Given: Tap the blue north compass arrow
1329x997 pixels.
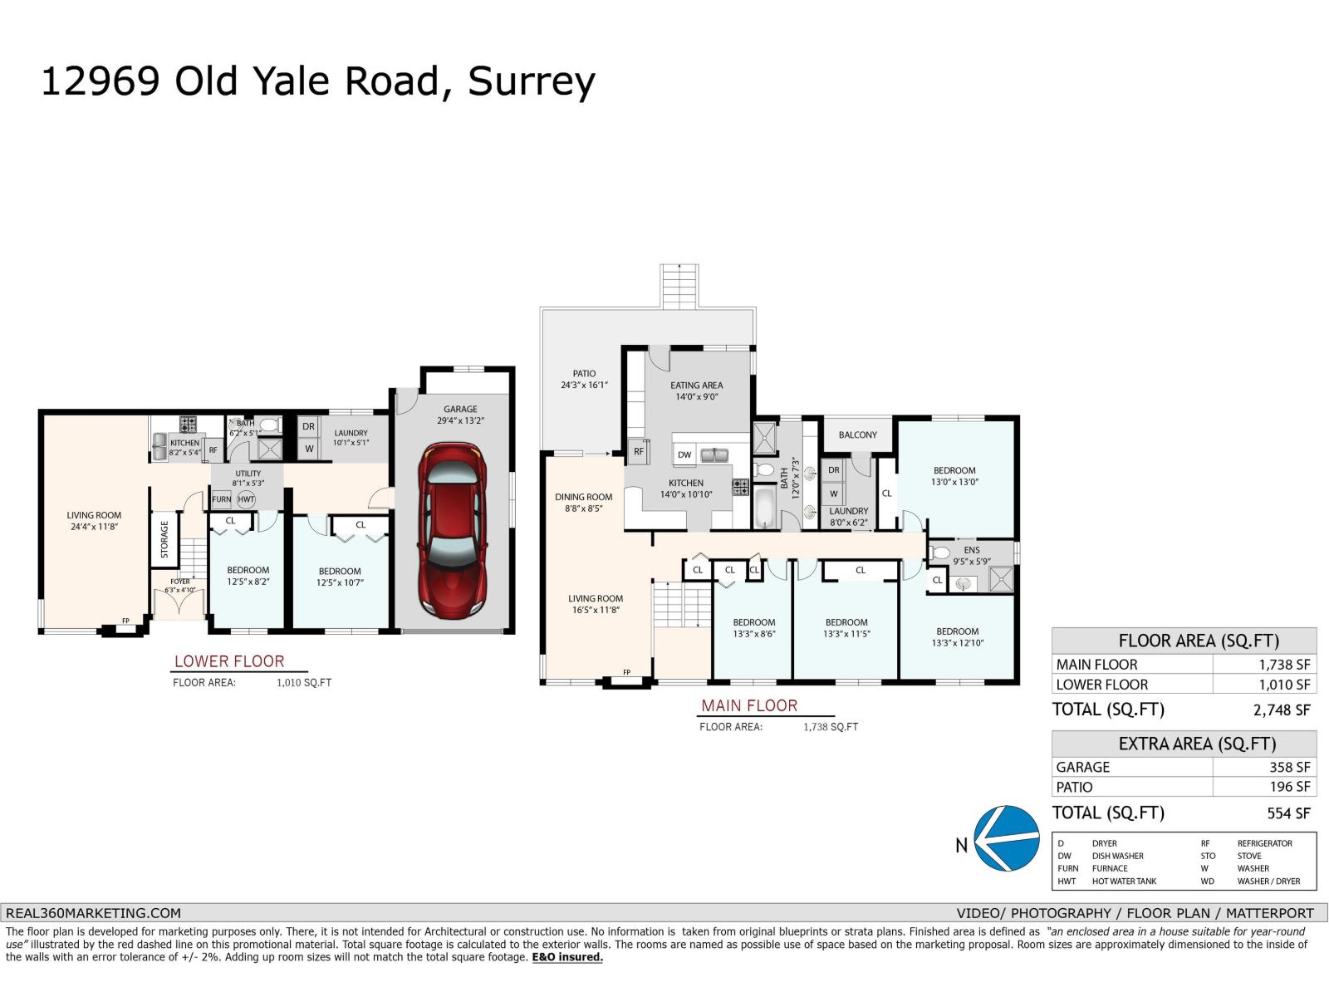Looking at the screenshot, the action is tap(1007, 838).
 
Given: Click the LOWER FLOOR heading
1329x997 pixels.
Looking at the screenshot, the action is tap(229, 661).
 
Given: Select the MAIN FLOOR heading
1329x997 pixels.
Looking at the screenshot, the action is tap(749, 705).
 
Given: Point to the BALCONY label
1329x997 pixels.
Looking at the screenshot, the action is tap(857, 435).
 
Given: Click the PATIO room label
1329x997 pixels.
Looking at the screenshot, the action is tap(584, 374).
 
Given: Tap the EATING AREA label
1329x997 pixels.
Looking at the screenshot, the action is tap(696, 386).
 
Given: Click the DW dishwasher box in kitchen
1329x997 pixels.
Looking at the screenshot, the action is tap(684, 454).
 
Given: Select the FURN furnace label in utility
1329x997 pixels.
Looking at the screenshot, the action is tap(221, 499).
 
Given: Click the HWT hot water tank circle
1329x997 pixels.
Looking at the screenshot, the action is tap(246, 499).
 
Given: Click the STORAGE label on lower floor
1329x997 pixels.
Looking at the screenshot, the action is tap(164, 539).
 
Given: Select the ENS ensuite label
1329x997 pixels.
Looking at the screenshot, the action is tap(971, 550).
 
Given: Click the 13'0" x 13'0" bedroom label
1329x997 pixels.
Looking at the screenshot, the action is tap(954, 476).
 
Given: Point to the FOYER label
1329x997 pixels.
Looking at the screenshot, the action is tap(180, 582).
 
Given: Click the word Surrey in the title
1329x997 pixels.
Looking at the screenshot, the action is tap(532, 81).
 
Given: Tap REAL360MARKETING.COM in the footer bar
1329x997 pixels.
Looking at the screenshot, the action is tap(93, 912).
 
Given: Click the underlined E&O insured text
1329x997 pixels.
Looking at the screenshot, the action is tap(567, 957).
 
